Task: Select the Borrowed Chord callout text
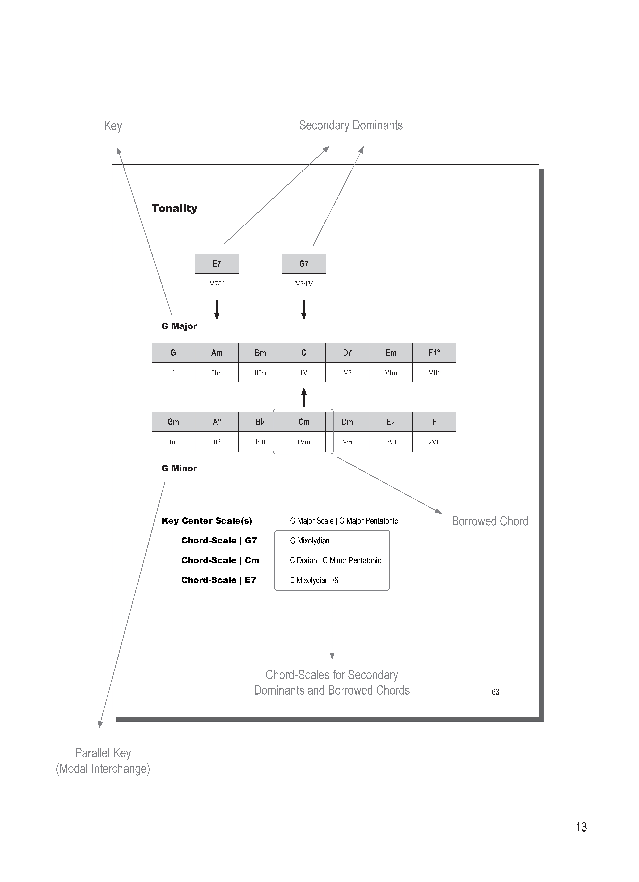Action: point(490,521)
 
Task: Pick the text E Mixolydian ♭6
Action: point(314,580)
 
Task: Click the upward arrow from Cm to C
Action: point(304,397)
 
